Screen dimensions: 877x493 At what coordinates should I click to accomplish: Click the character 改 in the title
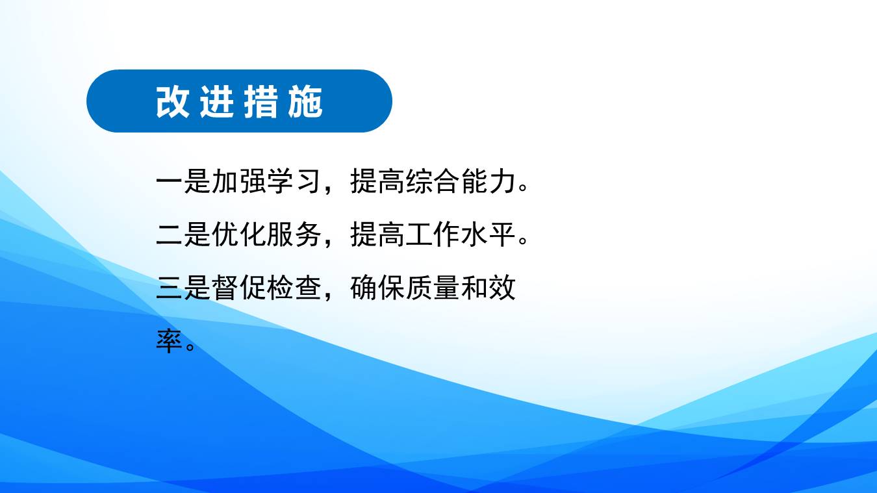click(x=173, y=102)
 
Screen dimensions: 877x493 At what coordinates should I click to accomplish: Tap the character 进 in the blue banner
click(x=217, y=102)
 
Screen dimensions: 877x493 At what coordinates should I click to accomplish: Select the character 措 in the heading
click(x=261, y=102)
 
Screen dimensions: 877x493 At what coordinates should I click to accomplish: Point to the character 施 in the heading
click(x=305, y=102)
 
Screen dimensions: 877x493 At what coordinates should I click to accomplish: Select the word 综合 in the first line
click(x=432, y=181)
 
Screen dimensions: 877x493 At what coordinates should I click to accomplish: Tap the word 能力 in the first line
click(x=488, y=181)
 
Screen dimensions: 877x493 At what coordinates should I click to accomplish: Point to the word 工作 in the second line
click(x=432, y=234)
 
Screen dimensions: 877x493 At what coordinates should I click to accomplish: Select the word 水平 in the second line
click(x=488, y=234)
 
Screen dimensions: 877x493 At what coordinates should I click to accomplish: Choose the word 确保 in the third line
click(x=377, y=288)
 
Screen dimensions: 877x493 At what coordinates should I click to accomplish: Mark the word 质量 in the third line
click(x=432, y=288)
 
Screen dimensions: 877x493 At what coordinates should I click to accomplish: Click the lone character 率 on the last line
click(x=169, y=341)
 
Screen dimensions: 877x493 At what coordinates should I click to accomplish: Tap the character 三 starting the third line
click(x=169, y=288)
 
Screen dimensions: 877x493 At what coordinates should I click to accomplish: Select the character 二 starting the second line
click(x=169, y=234)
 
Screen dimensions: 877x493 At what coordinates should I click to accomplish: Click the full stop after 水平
click(x=523, y=239)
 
